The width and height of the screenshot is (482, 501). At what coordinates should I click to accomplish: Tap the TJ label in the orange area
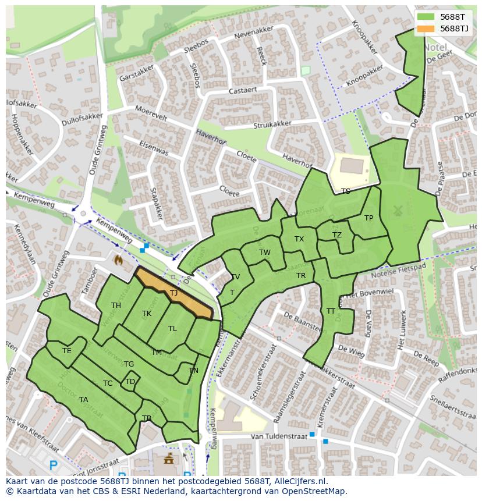(x=173, y=293)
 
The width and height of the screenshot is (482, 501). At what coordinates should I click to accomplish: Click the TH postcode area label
(x=116, y=305)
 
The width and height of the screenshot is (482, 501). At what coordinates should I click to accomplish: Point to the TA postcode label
(x=83, y=400)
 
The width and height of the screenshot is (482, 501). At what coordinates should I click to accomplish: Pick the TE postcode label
(x=67, y=351)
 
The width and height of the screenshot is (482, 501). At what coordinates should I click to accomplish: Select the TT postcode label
(x=331, y=311)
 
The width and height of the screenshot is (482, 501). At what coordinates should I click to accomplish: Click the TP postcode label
(x=368, y=218)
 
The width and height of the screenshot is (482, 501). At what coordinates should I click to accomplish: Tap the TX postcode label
(x=299, y=239)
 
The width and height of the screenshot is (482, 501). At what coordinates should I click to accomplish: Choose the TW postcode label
(x=265, y=253)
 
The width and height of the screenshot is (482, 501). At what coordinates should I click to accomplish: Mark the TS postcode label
(x=346, y=191)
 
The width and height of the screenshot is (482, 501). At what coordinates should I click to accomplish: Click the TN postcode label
(x=193, y=371)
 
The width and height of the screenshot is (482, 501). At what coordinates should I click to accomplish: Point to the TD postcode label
(x=130, y=382)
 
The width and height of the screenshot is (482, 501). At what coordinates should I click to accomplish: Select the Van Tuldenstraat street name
(x=273, y=436)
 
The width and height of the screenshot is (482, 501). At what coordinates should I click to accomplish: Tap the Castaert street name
(x=243, y=91)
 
